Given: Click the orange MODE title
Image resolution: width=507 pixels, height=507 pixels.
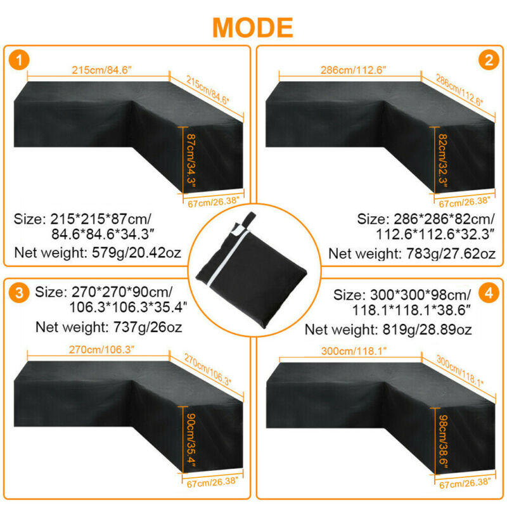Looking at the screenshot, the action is point(253,28).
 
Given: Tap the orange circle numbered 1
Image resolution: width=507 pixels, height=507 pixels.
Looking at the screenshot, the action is point(19,60).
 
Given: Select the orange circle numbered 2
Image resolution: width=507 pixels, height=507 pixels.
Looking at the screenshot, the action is point(489,60).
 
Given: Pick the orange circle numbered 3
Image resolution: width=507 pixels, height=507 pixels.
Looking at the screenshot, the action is point(19,292).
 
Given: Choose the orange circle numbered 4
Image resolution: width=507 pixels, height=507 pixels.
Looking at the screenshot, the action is point(489,293).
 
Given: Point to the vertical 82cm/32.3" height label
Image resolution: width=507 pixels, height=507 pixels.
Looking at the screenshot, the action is point(442,161).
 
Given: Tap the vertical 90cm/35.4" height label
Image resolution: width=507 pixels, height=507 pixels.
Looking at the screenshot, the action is point(191,440).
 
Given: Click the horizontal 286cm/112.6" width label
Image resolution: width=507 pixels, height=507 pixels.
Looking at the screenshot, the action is point(354,70).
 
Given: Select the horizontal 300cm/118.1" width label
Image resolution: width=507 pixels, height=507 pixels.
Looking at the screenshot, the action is point(354,351).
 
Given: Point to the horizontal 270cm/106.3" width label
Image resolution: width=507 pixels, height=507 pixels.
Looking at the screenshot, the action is point(101,350).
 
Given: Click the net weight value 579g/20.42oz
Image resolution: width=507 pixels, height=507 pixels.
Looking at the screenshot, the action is point(136,253).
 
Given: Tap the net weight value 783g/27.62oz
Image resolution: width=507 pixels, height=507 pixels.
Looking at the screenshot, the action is point(451,254).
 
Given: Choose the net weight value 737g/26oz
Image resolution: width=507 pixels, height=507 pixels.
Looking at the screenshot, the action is point(148,327).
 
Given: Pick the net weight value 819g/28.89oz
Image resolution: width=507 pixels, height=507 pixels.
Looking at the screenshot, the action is point(427,330).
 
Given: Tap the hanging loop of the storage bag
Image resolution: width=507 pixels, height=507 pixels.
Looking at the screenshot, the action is point(249,220).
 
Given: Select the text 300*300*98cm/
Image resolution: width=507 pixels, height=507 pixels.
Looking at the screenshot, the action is point(420,295).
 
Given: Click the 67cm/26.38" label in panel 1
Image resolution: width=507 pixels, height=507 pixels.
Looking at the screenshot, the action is point(214,202).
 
